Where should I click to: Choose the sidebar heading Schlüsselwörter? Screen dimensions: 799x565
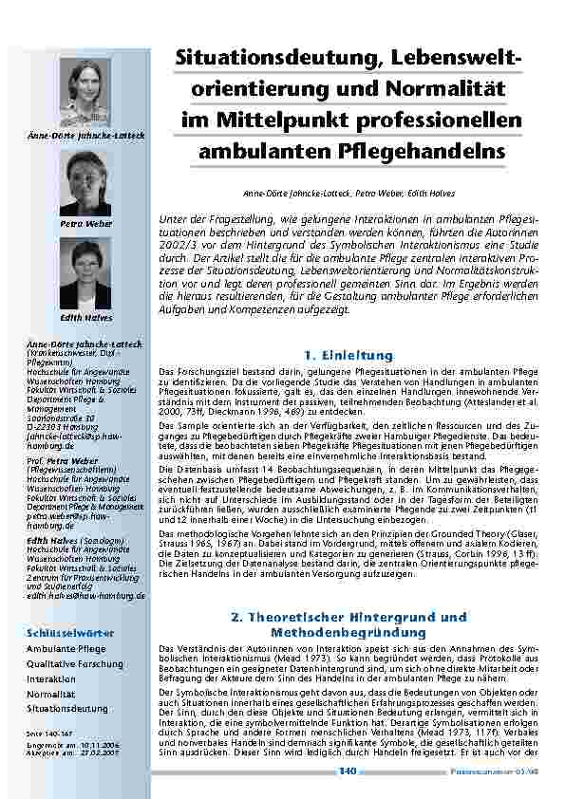click(71, 632)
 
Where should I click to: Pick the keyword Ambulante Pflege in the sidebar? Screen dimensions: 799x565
click(66, 648)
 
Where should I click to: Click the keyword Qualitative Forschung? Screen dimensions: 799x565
click(75, 664)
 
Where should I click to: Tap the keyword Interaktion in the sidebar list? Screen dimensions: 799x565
click(52, 679)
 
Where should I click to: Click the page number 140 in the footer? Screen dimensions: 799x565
click(348, 771)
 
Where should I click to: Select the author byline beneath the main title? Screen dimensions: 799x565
click(349, 194)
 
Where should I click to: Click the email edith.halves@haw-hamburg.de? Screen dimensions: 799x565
click(85, 595)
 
